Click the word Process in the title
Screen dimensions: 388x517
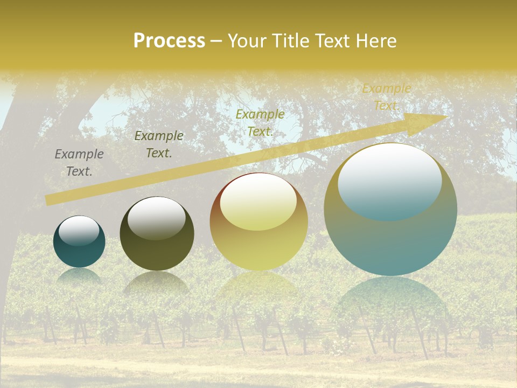point(169,41)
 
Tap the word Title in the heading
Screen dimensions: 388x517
point(290,41)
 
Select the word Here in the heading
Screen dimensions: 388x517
point(375,41)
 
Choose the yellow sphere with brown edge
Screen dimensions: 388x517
point(258,242)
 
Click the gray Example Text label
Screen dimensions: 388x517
point(79,163)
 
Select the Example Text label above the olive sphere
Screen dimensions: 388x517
point(159,144)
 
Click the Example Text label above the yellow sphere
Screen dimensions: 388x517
point(260,123)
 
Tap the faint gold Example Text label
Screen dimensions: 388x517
point(386,97)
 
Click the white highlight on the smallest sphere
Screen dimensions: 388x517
point(79,231)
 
